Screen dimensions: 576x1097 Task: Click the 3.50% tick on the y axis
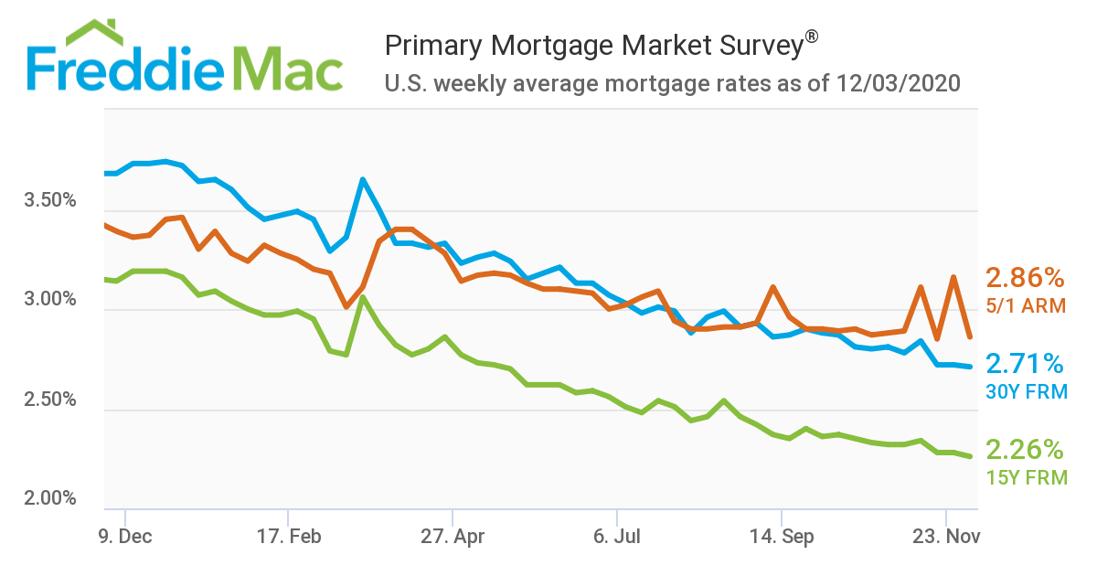pyautogui.click(x=49, y=200)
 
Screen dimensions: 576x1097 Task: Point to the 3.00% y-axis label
pyautogui.click(x=49, y=300)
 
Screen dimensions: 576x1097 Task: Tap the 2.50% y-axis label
pyautogui.click(x=49, y=400)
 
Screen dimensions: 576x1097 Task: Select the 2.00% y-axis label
pyautogui.click(x=49, y=499)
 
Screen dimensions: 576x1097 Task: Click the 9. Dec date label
pyautogui.click(x=124, y=538)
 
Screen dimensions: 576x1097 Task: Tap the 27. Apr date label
pyautogui.click(x=453, y=538)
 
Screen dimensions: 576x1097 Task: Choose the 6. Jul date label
pyautogui.click(x=617, y=538)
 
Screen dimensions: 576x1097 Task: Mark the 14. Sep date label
pyautogui.click(x=781, y=538)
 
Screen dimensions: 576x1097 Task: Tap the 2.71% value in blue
pyautogui.click(x=1024, y=365)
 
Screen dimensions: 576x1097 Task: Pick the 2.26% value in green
pyautogui.click(x=1025, y=449)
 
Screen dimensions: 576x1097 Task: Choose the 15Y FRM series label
pyautogui.click(x=1027, y=476)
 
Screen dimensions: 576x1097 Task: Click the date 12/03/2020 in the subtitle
pyautogui.click(x=897, y=85)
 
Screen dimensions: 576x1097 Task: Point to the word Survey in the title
pyautogui.click(x=749, y=45)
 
